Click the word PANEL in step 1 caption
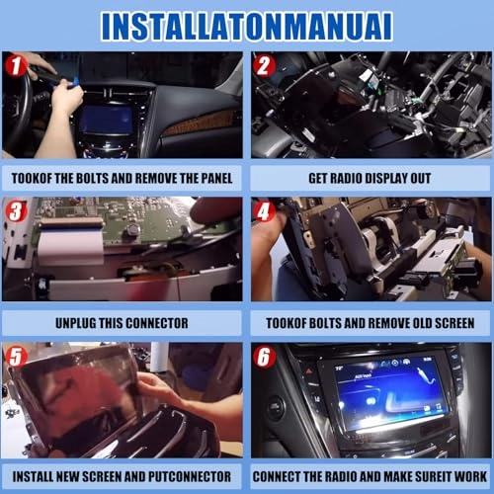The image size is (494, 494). [x=211, y=178]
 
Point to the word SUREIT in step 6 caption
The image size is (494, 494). [x=427, y=476]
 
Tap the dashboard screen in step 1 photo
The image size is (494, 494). [x=106, y=120]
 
